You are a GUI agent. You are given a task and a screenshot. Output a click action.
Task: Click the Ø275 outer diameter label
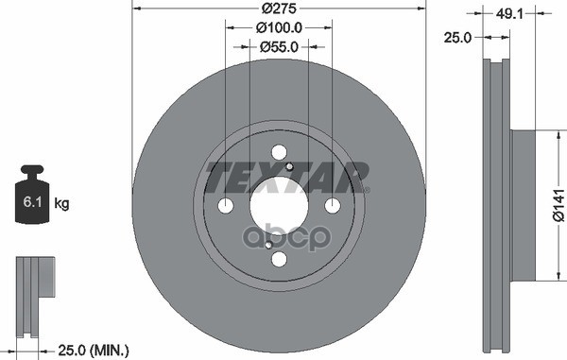[x=278, y=9]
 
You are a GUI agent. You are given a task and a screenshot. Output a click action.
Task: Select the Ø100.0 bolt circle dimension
[x=279, y=28]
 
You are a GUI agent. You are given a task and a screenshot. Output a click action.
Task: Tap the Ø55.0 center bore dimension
[x=279, y=45]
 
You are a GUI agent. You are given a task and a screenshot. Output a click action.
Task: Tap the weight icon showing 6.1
[x=33, y=197]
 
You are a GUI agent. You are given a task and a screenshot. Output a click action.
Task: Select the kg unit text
[x=62, y=203]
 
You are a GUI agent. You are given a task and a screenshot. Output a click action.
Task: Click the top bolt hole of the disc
[x=279, y=152]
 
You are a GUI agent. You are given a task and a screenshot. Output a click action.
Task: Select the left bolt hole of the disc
[x=225, y=206]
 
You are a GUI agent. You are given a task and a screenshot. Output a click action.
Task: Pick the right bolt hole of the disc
[x=333, y=206]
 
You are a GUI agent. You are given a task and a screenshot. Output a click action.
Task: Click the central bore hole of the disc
[x=279, y=206]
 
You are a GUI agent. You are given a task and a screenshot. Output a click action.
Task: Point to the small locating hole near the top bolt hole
[x=291, y=168]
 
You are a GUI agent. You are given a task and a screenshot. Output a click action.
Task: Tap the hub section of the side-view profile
[x=524, y=206]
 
